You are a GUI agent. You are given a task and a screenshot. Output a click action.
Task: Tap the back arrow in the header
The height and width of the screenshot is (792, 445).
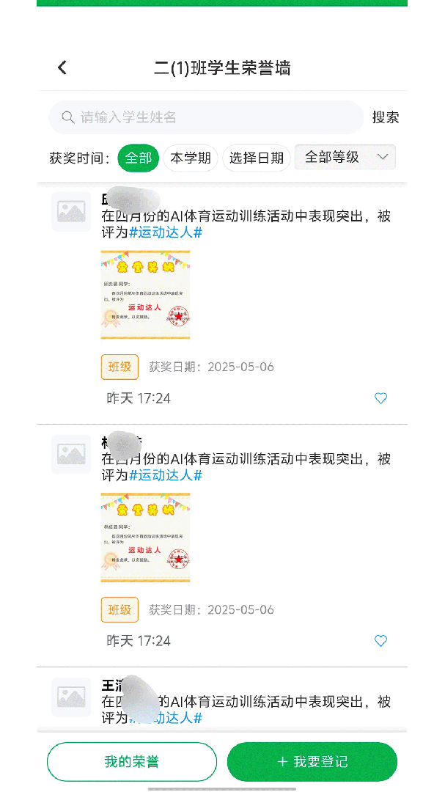[x=62, y=67]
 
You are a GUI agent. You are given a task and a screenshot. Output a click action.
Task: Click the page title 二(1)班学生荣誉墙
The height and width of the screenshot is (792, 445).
[x=222, y=68]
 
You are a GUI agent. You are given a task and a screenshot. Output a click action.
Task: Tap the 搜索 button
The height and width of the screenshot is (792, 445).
[x=386, y=117]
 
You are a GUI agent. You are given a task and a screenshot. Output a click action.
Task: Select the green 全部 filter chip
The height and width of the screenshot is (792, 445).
[x=139, y=158]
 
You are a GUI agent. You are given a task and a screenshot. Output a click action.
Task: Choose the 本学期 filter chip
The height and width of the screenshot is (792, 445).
[x=191, y=158]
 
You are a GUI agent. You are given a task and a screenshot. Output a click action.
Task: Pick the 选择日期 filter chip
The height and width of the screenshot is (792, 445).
[x=256, y=158]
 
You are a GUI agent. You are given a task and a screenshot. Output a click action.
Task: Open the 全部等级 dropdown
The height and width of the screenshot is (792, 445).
[x=345, y=157]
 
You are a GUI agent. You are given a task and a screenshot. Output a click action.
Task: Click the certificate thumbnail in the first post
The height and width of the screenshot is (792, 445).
[x=145, y=295]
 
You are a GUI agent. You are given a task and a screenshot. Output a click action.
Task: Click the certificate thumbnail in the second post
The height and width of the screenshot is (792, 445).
[x=145, y=538]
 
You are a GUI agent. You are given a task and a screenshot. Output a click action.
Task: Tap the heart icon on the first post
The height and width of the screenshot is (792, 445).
[x=380, y=398]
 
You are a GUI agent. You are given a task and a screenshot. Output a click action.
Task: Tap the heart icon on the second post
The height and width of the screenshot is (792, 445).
[x=380, y=641]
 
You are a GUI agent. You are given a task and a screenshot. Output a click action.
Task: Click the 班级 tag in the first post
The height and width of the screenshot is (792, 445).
[x=119, y=367]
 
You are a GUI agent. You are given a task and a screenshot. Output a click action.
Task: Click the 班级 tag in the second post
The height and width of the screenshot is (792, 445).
[x=119, y=609]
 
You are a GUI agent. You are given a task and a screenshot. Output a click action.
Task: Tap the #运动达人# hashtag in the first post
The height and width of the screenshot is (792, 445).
[x=166, y=232]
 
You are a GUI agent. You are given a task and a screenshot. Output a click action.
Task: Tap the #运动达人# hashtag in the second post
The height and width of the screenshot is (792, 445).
[x=166, y=475]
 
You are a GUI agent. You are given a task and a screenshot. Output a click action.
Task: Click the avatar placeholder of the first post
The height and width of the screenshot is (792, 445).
[x=71, y=212]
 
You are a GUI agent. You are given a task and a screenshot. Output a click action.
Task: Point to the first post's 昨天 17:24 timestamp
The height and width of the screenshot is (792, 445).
[x=139, y=398]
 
